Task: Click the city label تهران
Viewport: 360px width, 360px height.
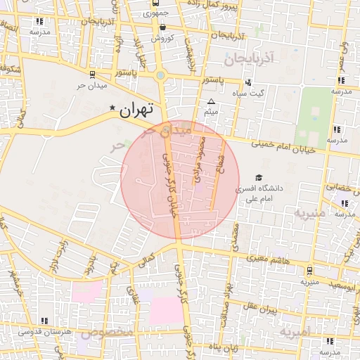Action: (x=136, y=110)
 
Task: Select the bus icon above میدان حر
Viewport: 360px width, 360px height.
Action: (x=91, y=74)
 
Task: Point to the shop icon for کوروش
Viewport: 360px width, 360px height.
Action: (x=162, y=27)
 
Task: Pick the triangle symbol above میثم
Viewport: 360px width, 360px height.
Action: (x=210, y=102)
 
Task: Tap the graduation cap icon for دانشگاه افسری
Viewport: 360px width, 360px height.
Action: (x=259, y=178)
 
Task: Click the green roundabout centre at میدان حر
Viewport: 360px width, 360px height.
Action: (x=160, y=75)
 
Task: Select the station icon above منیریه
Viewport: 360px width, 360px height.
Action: (x=309, y=270)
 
